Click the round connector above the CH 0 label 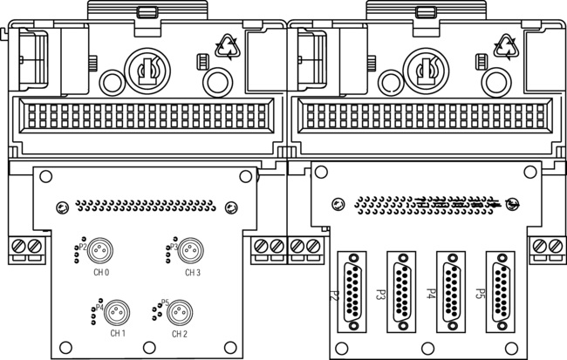coord(99,251)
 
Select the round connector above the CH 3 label coord(185,251)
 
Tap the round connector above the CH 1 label coord(118,311)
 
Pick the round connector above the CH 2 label coord(180,311)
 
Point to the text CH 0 coord(101,272)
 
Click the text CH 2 coord(180,333)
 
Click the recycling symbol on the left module coord(227,46)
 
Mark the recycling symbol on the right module coord(505,46)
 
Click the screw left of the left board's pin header coord(62,207)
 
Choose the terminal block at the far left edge coord(25,248)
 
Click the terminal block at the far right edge coord(550,248)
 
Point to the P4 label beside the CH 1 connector coord(100,308)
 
